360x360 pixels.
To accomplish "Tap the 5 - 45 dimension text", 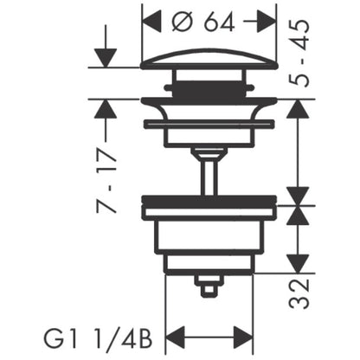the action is point(299,54).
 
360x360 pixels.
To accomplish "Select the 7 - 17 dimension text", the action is point(106,181).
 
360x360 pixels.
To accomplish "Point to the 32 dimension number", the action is point(299,293).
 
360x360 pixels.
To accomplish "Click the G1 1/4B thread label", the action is point(98,339).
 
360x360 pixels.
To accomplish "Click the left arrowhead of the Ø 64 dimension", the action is point(151,22).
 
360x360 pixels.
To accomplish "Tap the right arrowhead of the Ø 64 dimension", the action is point(267,22).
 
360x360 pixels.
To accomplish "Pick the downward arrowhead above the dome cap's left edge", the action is point(106,58).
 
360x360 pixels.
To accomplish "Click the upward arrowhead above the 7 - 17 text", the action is point(106,109).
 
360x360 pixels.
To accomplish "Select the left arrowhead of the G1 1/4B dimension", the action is point(176,337).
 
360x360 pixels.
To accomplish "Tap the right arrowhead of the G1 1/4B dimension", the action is point(243,337).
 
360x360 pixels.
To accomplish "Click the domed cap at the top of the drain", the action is point(209,59).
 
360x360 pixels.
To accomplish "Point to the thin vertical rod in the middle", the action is point(209,176).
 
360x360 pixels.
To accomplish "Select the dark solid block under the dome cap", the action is point(209,89).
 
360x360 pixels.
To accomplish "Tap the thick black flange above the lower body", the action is point(209,201).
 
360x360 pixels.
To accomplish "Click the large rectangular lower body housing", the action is point(209,235).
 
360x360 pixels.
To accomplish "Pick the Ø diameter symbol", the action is point(183,22).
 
